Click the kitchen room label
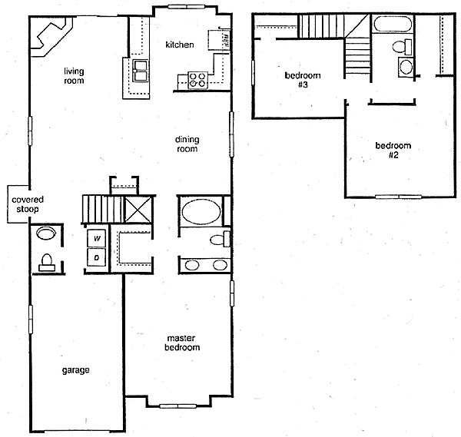[180, 45]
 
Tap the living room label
[74, 76]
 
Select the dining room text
[187, 144]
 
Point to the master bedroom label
[182, 343]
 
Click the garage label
[75, 370]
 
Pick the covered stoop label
[28, 204]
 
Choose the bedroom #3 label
[303, 80]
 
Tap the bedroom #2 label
[393, 151]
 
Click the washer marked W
[97, 238]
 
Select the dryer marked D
[97, 257]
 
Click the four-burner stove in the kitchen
[197, 80]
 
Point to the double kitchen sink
[141, 71]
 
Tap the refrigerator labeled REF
[219, 40]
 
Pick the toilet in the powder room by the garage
[47, 263]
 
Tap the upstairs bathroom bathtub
[393, 24]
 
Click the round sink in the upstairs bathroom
[406, 68]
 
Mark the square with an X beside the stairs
[138, 209]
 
